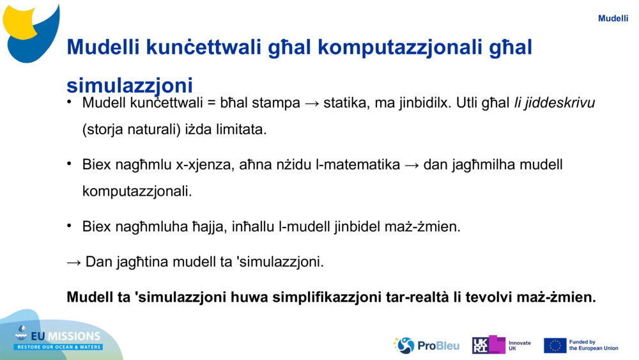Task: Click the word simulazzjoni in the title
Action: pyautogui.click(x=130, y=85)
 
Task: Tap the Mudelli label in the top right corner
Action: pyautogui.click(x=613, y=19)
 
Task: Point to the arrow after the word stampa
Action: pyautogui.click(x=312, y=104)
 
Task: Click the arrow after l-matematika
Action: pyautogui.click(x=412, y=166)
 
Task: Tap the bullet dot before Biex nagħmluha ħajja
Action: pyautogui.click(x=69, y=225)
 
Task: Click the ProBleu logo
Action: pyautogui.click(x=426, y=345)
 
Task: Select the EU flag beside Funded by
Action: pyautogui.click(x=555, y=346)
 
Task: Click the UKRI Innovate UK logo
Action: pyautogui.click(x=502, y=345)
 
